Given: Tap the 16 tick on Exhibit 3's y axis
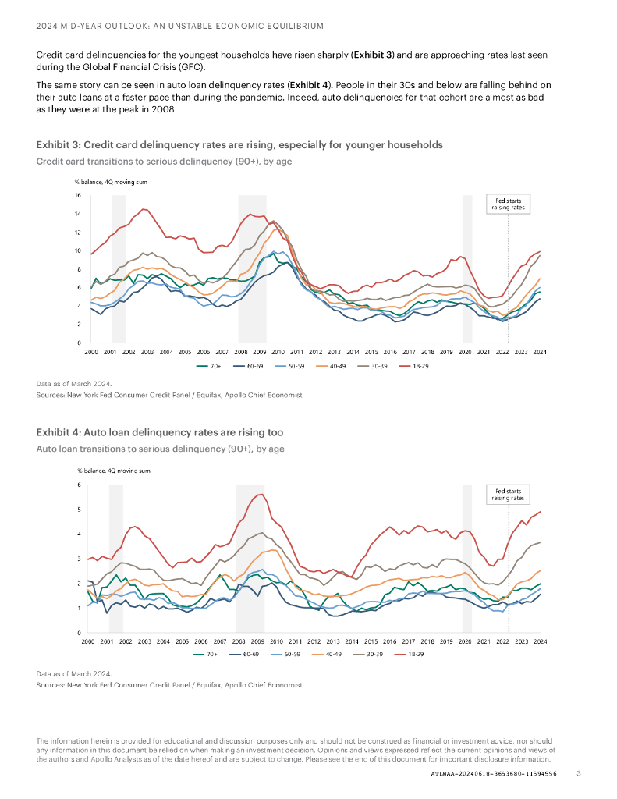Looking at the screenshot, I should click(78, 195).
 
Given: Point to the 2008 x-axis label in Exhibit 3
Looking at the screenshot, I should click(241, 353).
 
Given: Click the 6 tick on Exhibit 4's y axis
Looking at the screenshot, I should click(79, 485).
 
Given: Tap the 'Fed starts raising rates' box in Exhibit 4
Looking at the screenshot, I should click(508, 494).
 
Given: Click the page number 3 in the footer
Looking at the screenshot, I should click(579, 773).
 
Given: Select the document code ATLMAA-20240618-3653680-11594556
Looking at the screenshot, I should click(494, 773).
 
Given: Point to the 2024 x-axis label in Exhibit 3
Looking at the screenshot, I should click(539, 353).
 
